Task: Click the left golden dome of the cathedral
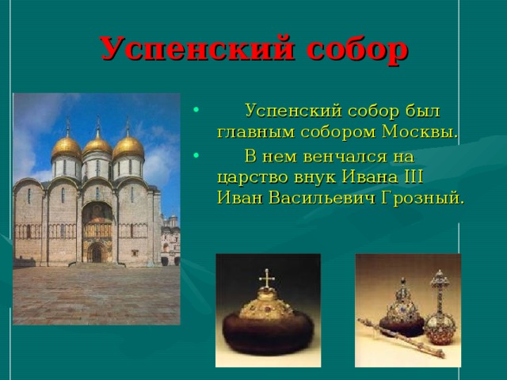(67, 146)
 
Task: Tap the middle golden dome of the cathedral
(97, 143)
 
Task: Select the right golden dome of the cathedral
(128, 146)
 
